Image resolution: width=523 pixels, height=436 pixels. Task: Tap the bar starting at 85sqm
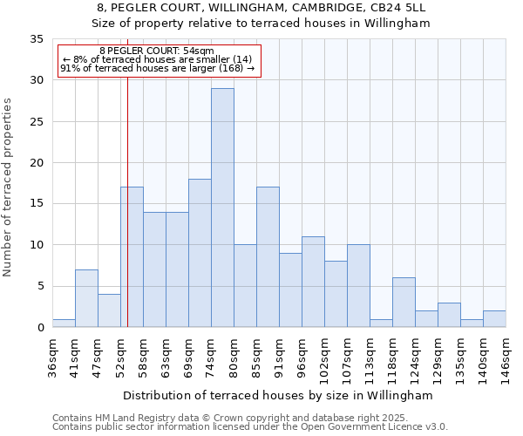(x=268, y=257)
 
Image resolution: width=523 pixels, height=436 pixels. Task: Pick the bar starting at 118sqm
(x=404, y=303)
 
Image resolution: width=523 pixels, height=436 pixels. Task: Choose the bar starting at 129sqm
(x=449, y=315)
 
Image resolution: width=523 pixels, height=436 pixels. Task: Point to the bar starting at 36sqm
(x=64, y=324)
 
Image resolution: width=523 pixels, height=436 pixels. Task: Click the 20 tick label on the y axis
(x=37, y=163)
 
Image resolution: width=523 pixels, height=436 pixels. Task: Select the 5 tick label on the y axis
(x=40, y=287)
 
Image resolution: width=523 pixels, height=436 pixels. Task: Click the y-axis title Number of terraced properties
(x=9, y=187)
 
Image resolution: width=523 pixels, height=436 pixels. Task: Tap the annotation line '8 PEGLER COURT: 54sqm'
(x=156, y=51)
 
